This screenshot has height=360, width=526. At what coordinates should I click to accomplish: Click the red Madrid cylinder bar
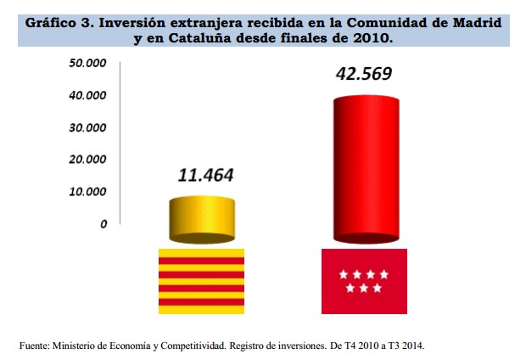(x=365, y=170)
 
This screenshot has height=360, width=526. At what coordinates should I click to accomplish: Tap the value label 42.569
(x=365, y=74)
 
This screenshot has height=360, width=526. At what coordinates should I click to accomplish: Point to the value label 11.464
(x=204, y=177)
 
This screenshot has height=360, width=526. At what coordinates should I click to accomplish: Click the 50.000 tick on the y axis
(x=87, y=65)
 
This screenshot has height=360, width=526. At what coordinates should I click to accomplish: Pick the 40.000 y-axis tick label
(x=87, y=96)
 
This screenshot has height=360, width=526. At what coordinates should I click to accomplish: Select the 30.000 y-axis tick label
(x=87, y=128)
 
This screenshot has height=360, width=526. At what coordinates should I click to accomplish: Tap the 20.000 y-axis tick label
(x=87, y=160)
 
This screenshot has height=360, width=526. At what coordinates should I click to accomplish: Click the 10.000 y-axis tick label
(x=87, y=192)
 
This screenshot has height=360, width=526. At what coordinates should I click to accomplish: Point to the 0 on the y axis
(x=103, y=224)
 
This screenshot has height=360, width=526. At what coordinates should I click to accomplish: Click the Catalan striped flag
(x=202, y=281)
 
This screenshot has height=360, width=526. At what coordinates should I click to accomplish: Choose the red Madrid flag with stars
(x=365, y=281)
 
